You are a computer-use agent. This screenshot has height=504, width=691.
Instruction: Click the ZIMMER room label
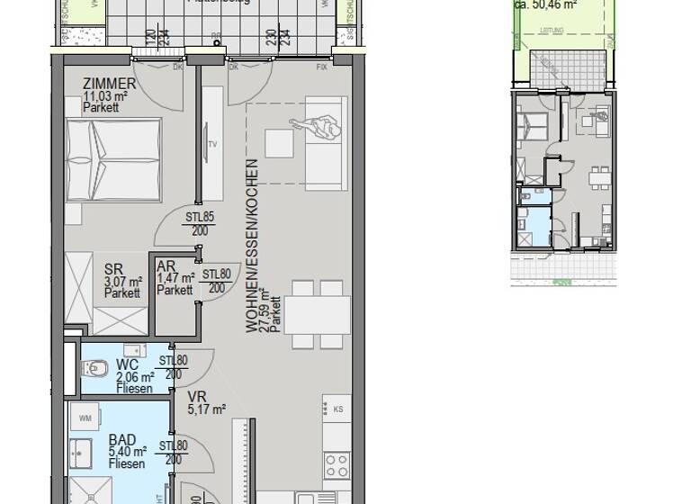coord(109,84)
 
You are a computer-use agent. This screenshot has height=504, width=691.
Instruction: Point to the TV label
coord(213,143)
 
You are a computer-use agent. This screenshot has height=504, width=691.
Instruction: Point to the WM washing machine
coord(85,418)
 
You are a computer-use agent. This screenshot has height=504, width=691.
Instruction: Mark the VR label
coord(198,396)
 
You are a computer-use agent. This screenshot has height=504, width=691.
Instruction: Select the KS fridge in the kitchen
coord(338,409)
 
